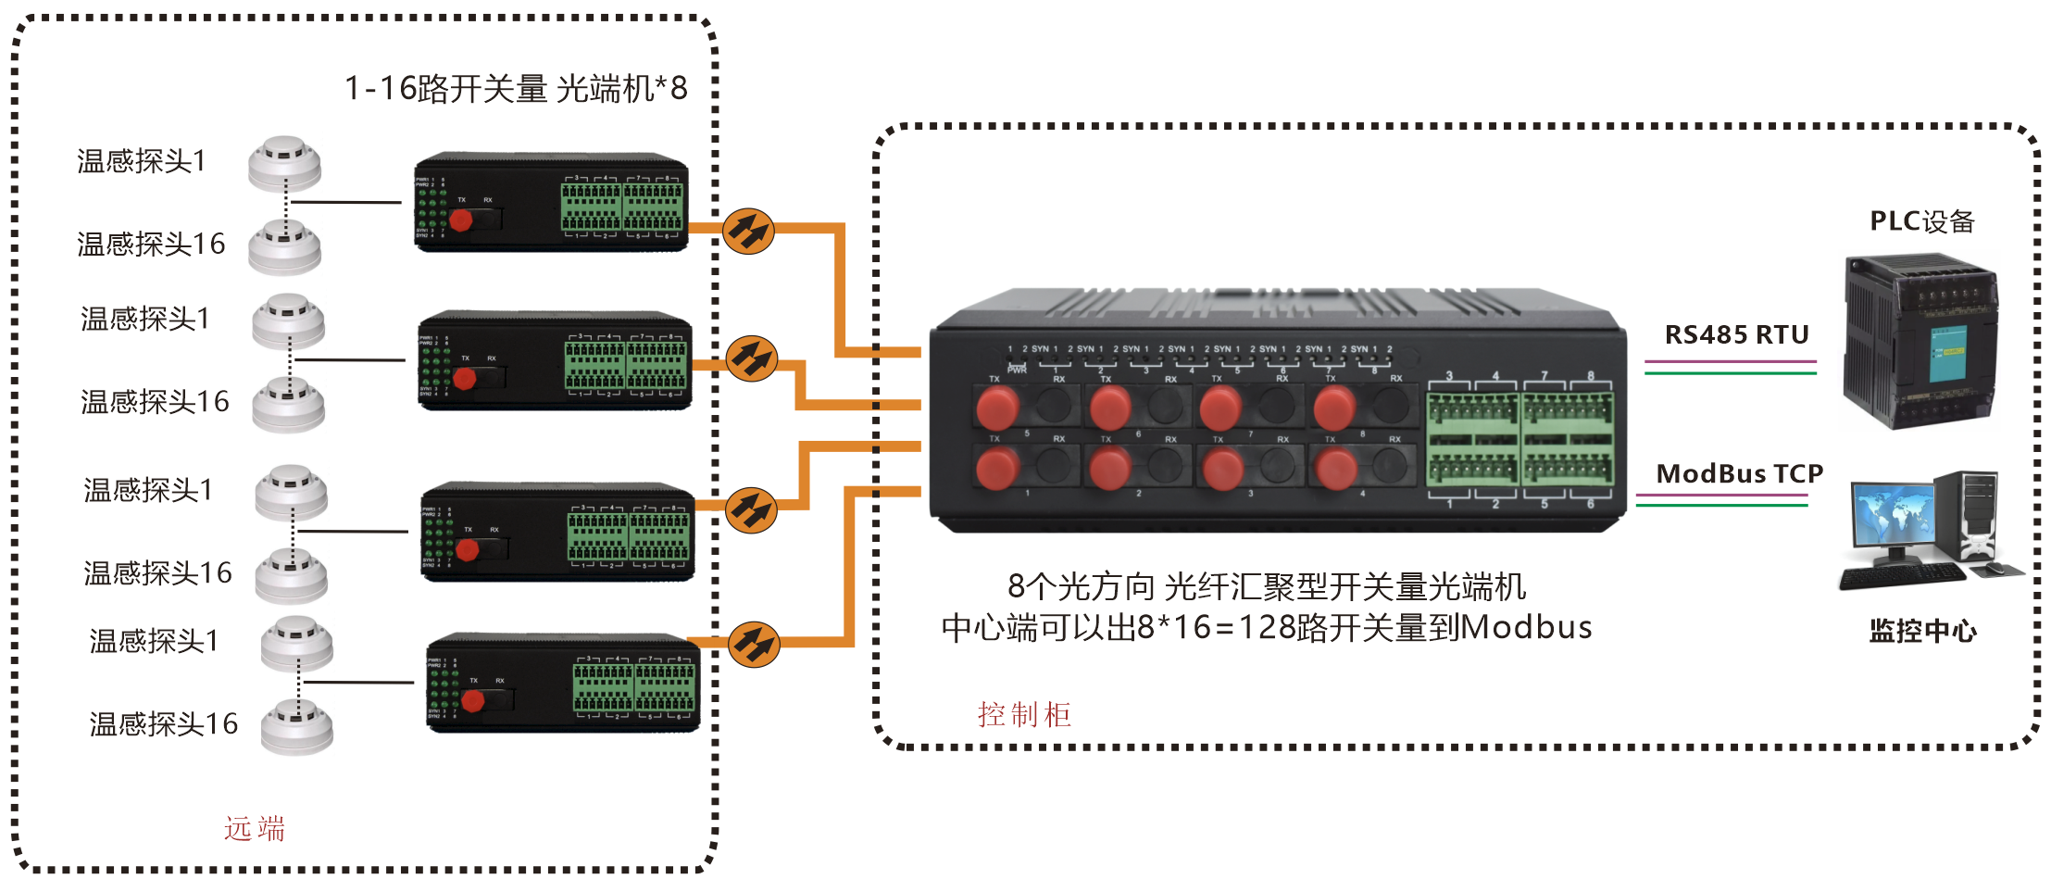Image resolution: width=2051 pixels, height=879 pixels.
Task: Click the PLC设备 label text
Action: (x=1922, y=221)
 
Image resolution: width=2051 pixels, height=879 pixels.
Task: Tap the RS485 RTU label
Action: (x=1736, y=334)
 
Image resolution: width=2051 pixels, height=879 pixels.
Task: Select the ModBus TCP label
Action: (x=1739, y=474)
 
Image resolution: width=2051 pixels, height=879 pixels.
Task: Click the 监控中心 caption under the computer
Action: (x=1922, y=632)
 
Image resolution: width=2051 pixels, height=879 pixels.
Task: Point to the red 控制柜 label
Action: (x=1024, y=714)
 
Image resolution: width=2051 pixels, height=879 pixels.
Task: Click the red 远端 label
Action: (x=255, y=828)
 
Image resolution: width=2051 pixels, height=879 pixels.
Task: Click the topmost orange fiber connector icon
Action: (x=747, y=231)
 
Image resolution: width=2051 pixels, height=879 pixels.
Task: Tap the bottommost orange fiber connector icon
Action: (x=754, y=644)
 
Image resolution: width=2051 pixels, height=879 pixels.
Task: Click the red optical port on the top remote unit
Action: (x=460, y=220)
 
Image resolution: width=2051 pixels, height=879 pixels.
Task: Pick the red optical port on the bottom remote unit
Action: (x=472, y=701)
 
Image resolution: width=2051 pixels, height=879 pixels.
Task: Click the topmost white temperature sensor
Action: (x=284, y=162)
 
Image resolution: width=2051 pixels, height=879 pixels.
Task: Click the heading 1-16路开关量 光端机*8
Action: (x=516, y=89)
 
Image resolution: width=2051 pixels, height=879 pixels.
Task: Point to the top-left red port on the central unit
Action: (x=997, y=407)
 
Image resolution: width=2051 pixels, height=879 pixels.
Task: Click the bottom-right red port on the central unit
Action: (x=1335, y=469)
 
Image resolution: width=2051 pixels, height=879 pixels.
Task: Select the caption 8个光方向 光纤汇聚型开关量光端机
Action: (x=1266, y=586)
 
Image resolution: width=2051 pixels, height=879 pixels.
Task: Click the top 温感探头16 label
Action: (x=151, y=244)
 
